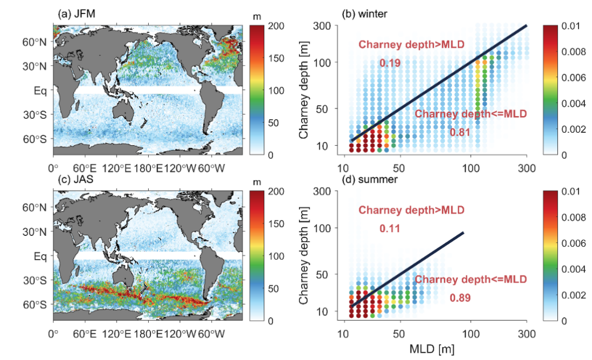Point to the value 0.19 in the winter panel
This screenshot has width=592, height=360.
pyautogui.click(x=390, y=63)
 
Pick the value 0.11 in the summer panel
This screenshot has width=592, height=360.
pyautogui.click(x=390, y=229)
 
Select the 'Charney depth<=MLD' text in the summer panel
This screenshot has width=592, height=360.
pyautogui.click(x=470, y=279)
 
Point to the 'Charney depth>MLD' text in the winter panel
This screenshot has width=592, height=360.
pyautogui.click(x=411, y=44)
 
